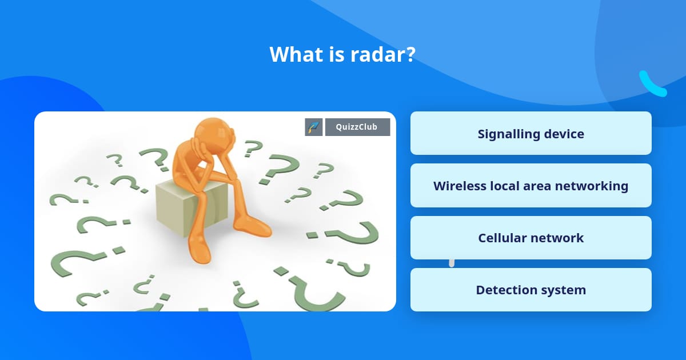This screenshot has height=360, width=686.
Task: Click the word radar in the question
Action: pos(385,55)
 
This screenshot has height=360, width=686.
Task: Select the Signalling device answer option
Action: pos(531,134)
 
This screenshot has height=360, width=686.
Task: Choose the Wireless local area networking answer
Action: pos(531,186)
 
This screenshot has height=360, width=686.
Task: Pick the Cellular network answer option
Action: pos(531,238)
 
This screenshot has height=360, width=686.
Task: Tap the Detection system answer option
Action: pos(531,290)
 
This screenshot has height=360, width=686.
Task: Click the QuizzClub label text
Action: pos(357,127)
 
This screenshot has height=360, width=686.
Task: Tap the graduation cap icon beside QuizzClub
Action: pos(314,127)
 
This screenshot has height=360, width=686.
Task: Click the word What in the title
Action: pos(292,55)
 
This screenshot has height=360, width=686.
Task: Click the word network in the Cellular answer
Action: pos(560,238)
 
